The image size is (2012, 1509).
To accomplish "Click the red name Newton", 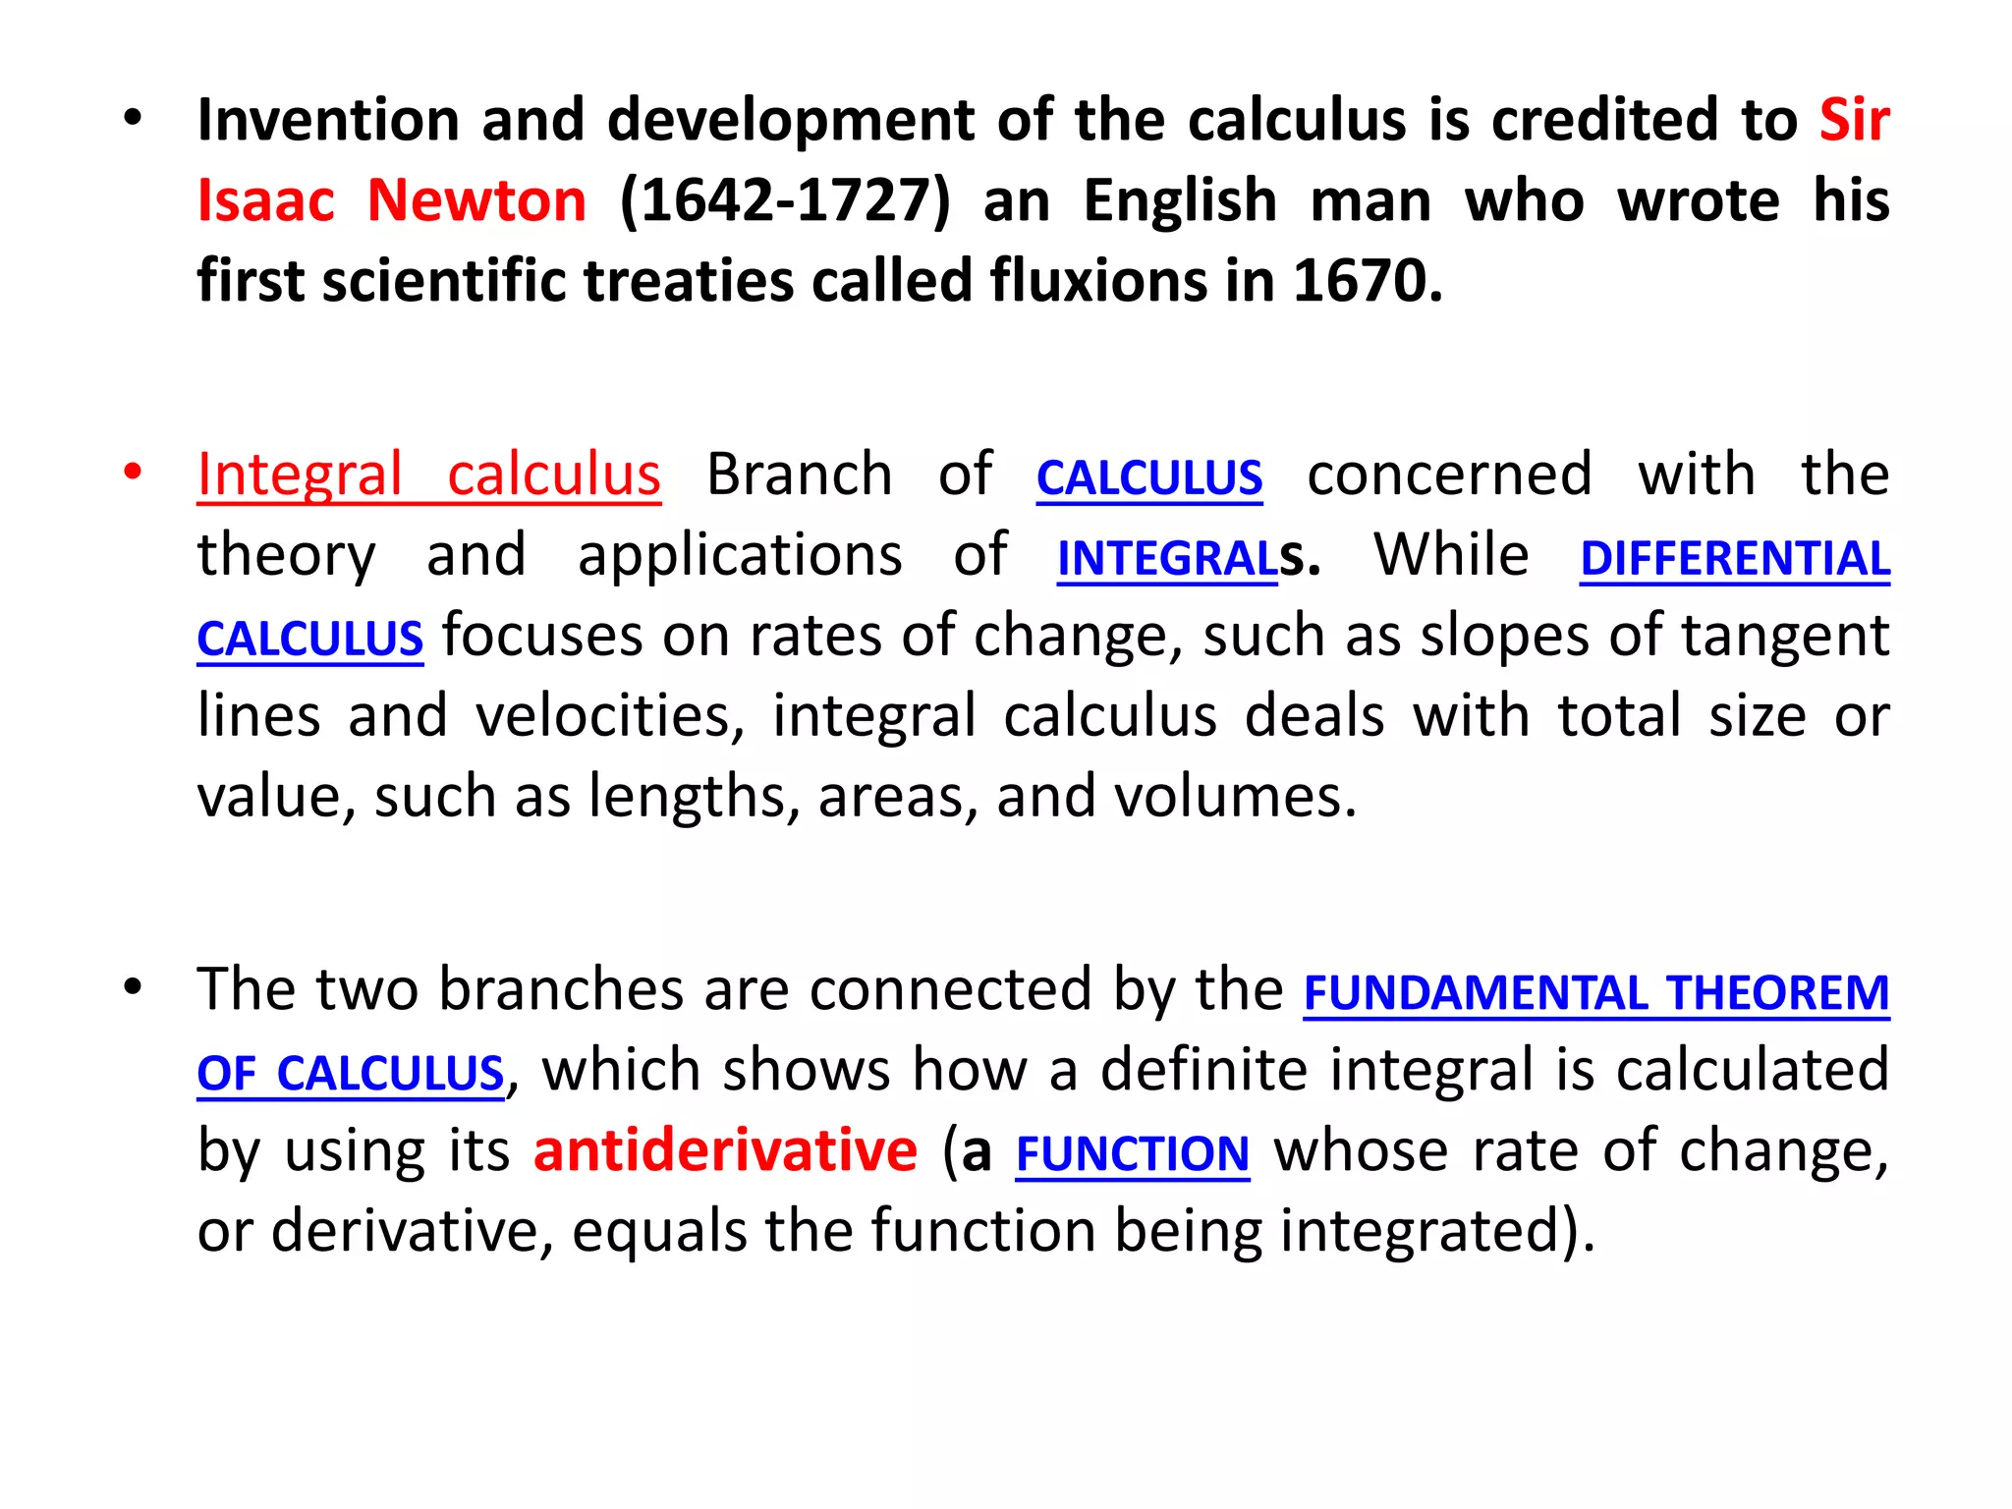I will [476, 200].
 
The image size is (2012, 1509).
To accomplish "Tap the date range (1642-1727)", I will [785, 200].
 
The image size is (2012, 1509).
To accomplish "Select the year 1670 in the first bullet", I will [1367, 281].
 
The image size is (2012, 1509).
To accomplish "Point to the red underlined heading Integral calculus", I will [428, 475].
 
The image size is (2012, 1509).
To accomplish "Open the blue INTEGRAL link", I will [1167, 558].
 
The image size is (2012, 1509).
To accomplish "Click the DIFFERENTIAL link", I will [1734, 558].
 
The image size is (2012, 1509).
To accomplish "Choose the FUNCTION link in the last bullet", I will [1132, 1153].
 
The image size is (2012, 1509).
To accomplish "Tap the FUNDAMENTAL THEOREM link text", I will [1595, 992].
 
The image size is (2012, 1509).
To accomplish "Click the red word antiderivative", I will [725, 1150].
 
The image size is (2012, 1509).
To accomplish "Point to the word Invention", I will [328, 120].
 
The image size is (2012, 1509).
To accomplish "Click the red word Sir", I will [1854, 120].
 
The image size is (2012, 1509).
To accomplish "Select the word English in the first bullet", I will [1180, 200].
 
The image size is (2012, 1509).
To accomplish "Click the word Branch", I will [800, 475].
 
